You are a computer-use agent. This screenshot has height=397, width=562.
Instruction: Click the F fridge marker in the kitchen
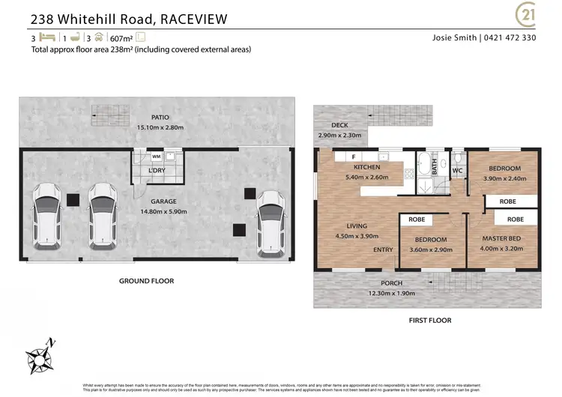click(352, 157)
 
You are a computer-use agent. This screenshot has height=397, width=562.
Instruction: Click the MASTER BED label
click(501, 238)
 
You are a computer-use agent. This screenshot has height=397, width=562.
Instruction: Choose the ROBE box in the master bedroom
click(515, 219)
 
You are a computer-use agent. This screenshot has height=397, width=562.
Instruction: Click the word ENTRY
click(383, 249)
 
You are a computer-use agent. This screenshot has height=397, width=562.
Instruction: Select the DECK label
click(330, 126)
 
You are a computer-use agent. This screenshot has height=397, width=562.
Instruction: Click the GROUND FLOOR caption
click(146, 281)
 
